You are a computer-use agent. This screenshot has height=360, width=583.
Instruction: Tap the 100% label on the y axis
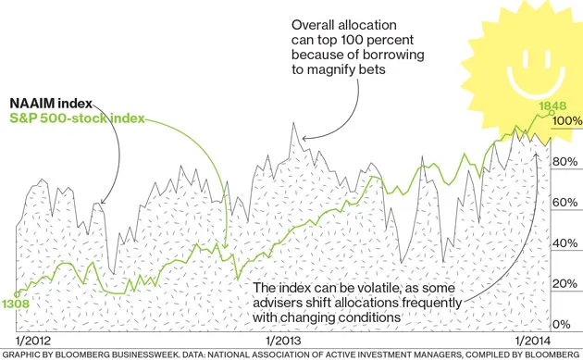click(566, 121)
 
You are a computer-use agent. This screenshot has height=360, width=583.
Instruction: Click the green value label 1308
click(16, 303)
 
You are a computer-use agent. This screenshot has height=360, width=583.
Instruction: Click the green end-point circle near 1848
click(552, 114)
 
